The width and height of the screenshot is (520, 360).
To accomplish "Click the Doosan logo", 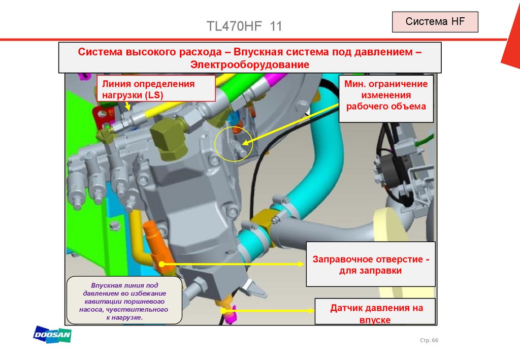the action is coord(52,334).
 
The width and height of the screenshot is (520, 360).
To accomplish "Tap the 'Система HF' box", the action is coord(435,22).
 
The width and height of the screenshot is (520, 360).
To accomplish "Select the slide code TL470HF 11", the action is coord(244,26).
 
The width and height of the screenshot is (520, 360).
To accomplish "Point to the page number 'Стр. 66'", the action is coord(429,340).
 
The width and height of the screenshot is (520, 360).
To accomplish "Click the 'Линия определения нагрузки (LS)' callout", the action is coord(156,88).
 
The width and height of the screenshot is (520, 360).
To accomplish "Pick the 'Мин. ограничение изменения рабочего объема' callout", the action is coord(386,99).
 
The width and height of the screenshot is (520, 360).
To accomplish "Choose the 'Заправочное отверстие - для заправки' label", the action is coord(370,264).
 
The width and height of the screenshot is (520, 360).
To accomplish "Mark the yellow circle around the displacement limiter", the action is coord(233,144).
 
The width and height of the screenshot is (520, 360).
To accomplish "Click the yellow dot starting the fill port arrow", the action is coord(162,264).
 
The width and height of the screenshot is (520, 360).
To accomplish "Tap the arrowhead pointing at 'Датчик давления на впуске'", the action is coord(311,311).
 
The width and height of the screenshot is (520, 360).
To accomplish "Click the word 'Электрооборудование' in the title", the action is coord(250,64).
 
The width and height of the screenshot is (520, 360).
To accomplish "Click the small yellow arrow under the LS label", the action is coord(127,107).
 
